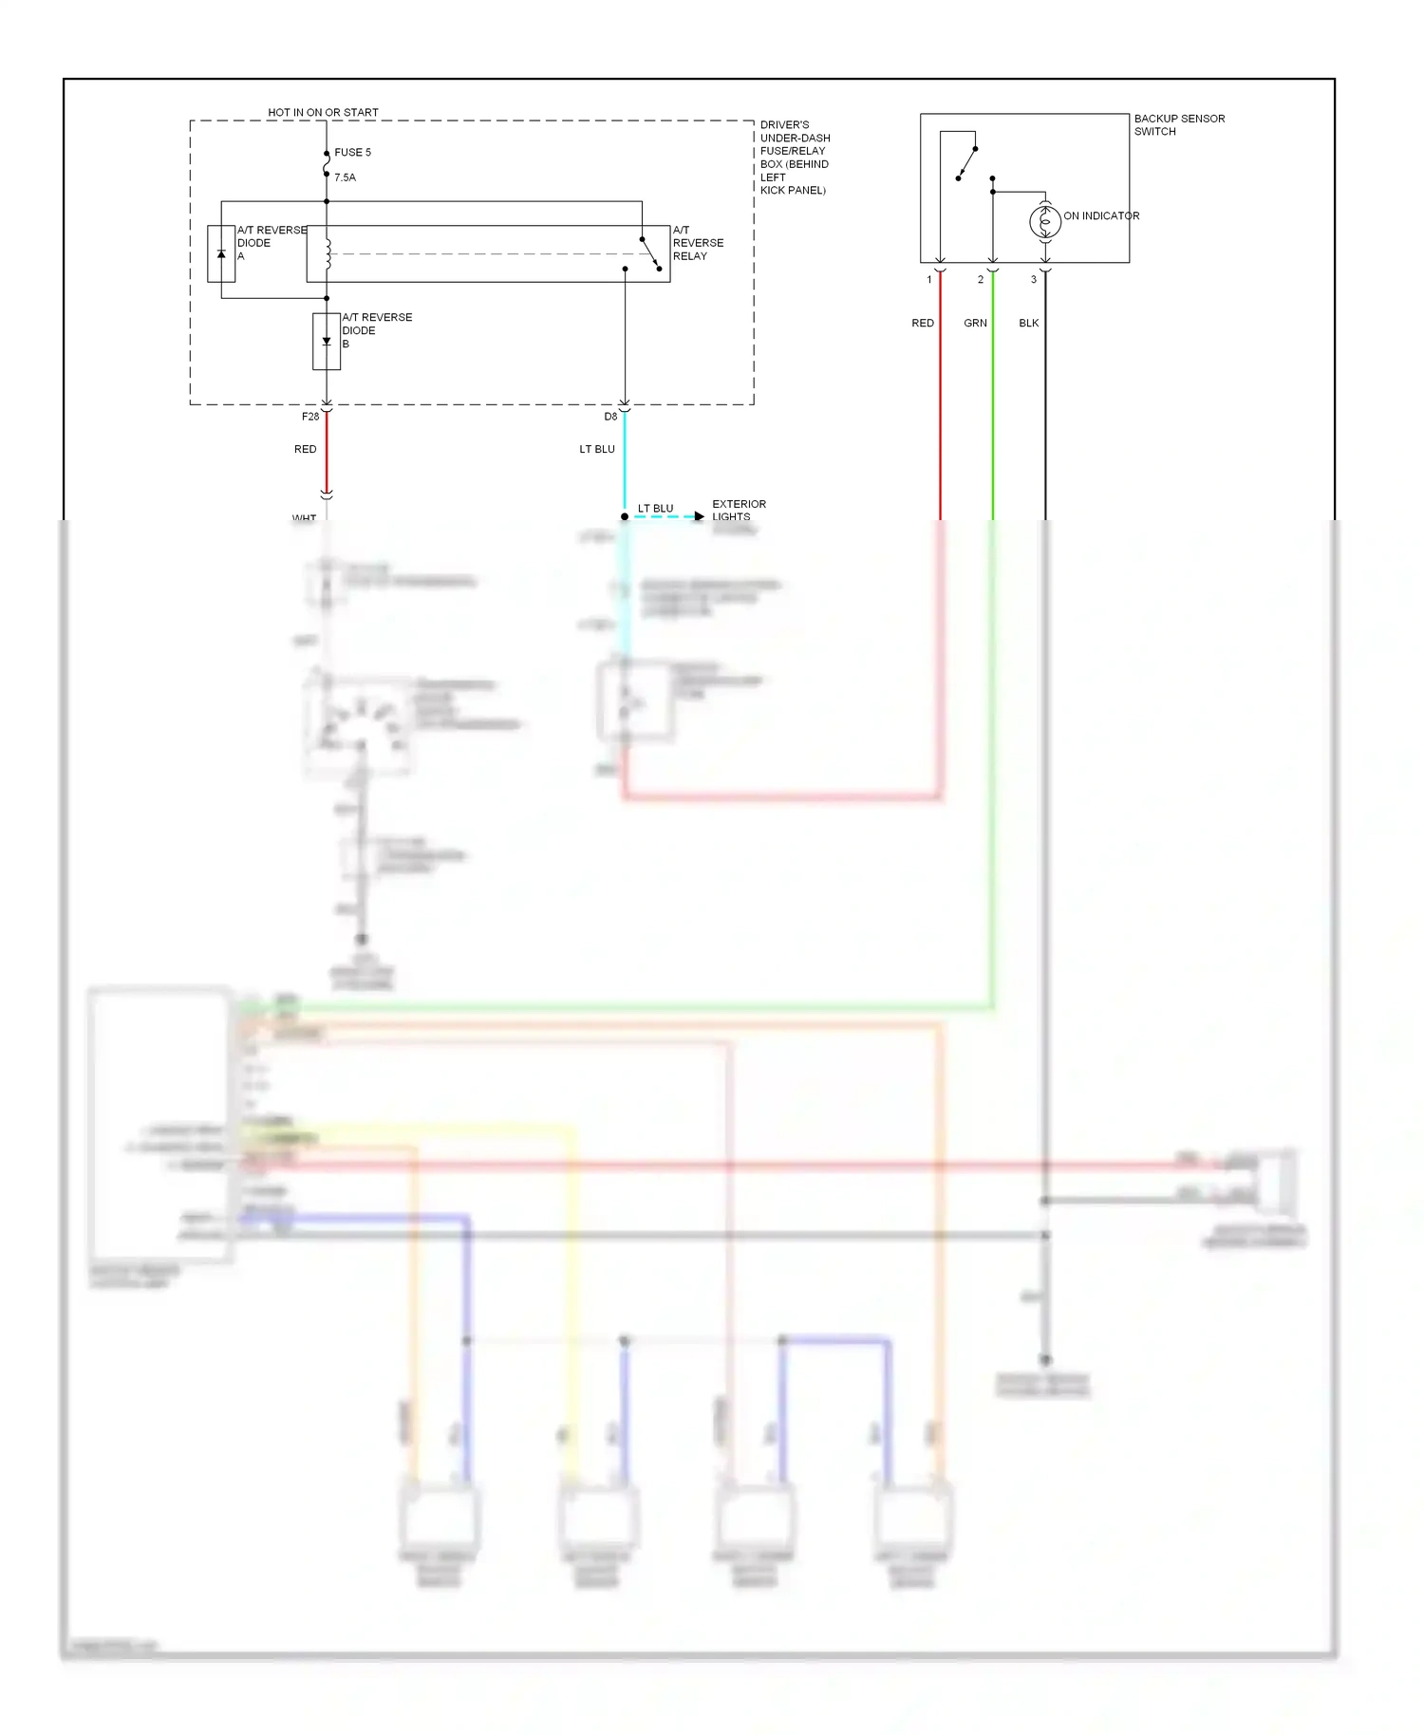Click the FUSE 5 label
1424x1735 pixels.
pos(352,152)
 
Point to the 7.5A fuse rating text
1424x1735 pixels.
pos(345,177)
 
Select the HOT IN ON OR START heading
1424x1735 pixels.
pos(323,112)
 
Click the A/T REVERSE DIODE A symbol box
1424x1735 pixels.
pos(221,253)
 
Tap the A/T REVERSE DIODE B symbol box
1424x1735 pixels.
pos(327,342)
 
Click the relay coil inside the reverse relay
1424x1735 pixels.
pos(328,253)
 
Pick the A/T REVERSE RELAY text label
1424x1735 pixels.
pos(698,243)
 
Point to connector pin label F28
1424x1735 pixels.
pos(310,417)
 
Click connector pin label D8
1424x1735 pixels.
pos(610,417)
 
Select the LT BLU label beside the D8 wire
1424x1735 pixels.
pos(597,449)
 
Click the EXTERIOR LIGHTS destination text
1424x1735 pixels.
pos(739,511)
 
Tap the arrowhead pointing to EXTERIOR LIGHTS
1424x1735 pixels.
pos(700,516)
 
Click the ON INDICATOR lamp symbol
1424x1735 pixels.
pos(1045,221)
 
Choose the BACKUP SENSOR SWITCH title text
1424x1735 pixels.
pos(1179,124)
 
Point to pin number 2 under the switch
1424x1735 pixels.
pos(981,280)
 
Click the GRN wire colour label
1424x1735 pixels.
pos(975,323)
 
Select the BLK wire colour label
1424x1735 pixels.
pos(1029,323)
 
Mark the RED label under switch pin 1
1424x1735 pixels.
pos(923,323)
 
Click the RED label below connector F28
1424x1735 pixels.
pos(305,449)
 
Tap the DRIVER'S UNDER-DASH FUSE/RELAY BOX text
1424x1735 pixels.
pos(795,157)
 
